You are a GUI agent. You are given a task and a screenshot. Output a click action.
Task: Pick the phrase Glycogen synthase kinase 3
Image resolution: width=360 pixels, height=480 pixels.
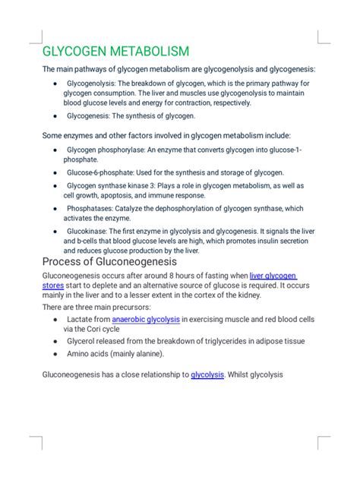coord(115,185)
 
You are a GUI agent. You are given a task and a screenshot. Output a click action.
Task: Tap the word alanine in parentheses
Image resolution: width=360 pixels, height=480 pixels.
coord(146,353)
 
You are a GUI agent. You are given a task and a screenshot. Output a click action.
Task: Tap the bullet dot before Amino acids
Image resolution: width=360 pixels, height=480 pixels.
coord(58,353)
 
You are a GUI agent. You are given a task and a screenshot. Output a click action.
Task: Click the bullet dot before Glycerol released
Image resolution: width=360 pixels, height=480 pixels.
coord(58,342)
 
